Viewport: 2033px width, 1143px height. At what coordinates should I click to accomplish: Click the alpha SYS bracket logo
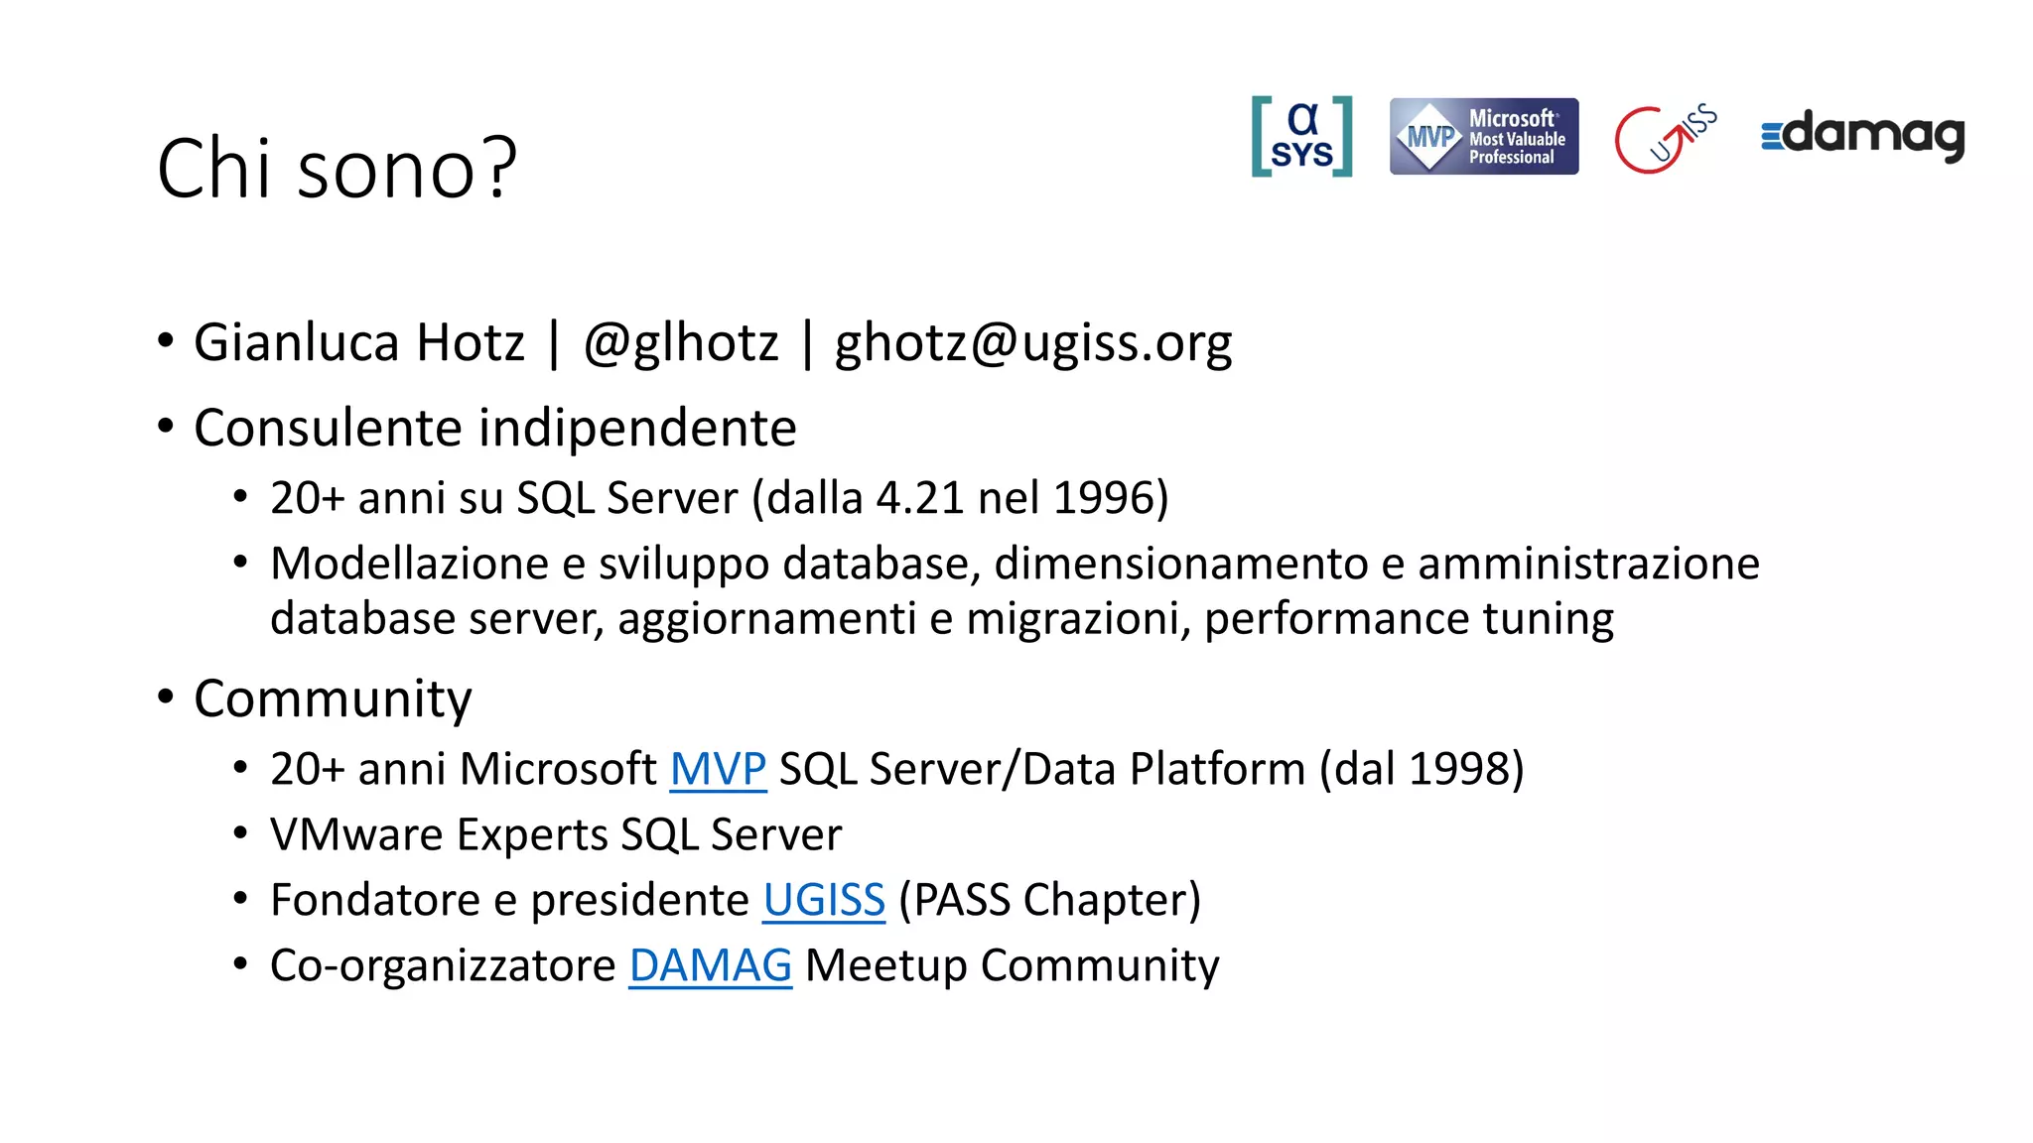click(x=1301, y=137)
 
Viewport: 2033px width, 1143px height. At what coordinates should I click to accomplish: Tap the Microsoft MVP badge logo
click(x=1483, y=137)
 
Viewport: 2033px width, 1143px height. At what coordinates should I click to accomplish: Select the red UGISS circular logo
click(x=1664, y=138)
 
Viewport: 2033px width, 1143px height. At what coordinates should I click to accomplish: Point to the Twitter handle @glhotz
click(x=681, y=343)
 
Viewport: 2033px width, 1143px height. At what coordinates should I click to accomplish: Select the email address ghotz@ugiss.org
click(x=1032, y=343)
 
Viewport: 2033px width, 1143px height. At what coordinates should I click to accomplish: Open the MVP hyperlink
click(x=718, y=769)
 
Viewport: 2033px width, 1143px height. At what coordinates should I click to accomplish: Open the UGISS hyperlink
click(x=823, y=900)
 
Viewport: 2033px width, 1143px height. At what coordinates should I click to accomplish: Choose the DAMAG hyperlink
click(x=710, y=965)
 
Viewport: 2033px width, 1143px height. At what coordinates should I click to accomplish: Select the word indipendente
click(x=637, y=429)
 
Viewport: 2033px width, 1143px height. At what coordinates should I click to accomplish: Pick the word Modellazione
click(x=409, y=564)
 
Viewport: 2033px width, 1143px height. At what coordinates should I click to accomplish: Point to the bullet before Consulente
click(x=166, y=427)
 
